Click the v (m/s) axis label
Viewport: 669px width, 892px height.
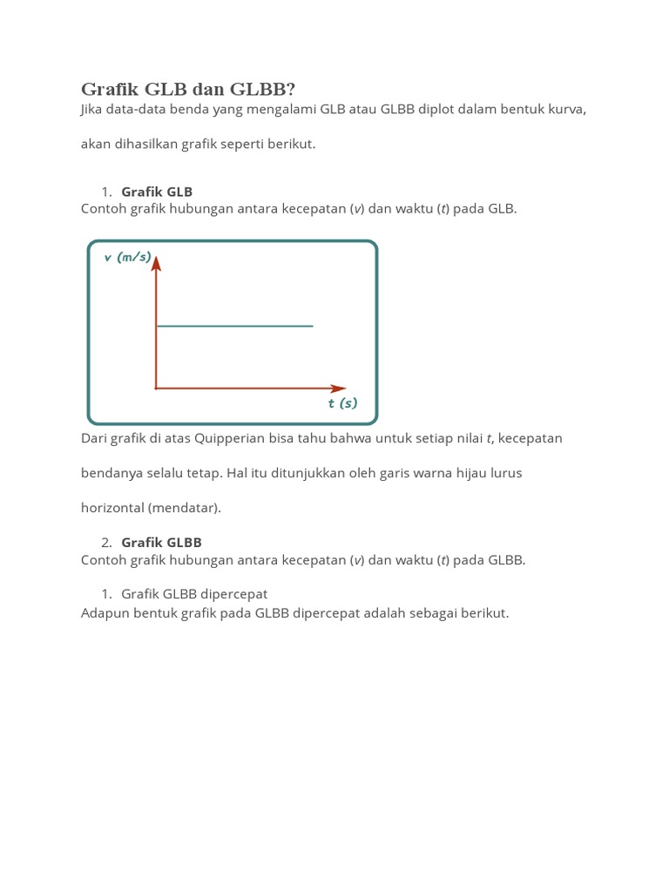[127, 257]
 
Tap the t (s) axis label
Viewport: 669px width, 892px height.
[342, 403]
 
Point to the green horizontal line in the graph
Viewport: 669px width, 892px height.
[233, 326]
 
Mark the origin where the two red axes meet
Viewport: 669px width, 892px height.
[156, 388]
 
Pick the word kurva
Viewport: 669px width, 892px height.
[568, 110]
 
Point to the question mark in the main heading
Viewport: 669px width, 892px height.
[291, 89]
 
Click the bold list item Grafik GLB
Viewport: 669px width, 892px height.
[157, 192]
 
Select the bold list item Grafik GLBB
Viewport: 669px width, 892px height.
[161, 542]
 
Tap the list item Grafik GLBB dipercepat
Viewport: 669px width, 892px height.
[194, 593]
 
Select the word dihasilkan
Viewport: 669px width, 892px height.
[145, 145]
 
